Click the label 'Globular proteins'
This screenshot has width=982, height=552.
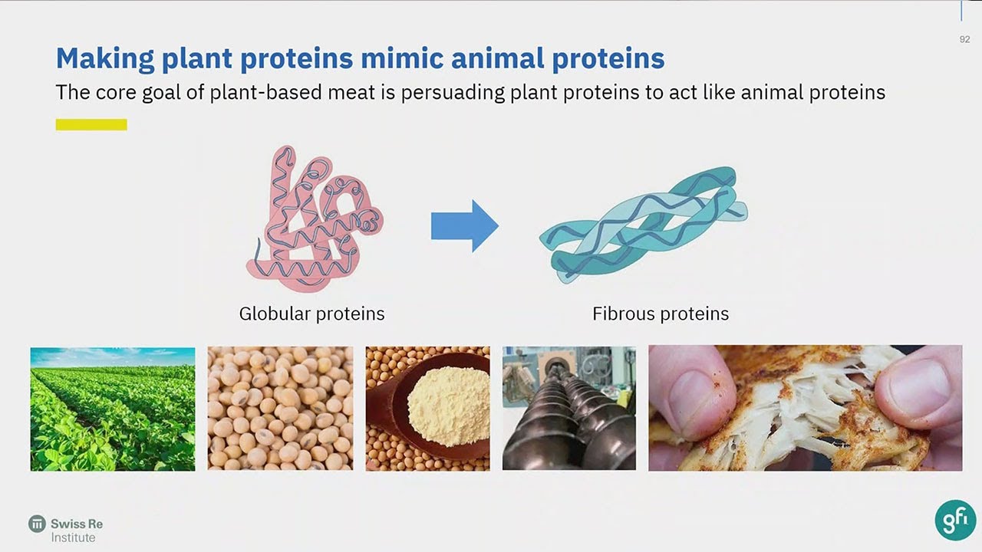click(x=311, y=314)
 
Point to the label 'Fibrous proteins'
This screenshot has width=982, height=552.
click(x=661, y=314)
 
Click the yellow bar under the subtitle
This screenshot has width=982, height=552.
click(x=91, y=124)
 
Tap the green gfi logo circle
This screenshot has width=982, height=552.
click(x=955, y=520)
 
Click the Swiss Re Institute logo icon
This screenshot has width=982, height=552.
click(x=37, y=524)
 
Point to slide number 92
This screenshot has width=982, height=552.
click(x=964, y=39)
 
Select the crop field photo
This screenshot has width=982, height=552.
click(x=112, y=409)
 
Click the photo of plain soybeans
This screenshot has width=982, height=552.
click(x=280, y=409)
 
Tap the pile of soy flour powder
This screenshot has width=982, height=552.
click(x=449, y=405)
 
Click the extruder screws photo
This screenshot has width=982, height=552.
click(x=568, y=409)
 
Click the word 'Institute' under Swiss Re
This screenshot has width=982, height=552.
click(x=74, y=537)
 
